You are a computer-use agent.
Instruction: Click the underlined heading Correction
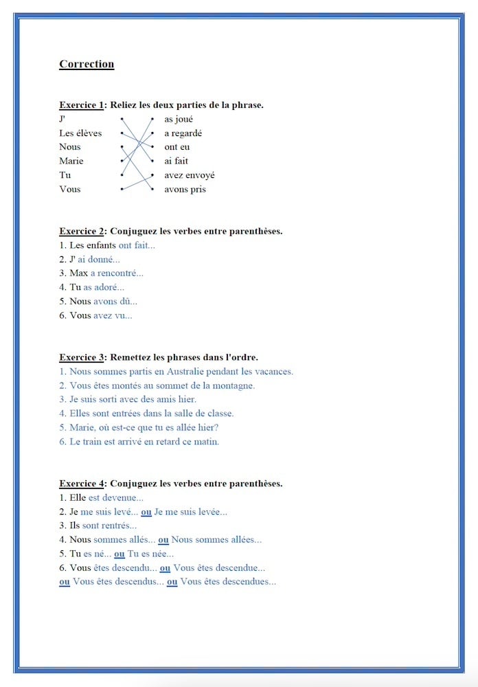[x=87, y=65]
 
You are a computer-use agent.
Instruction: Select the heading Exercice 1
[x=81, y=105]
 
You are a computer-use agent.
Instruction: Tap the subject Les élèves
[x=80, y=133]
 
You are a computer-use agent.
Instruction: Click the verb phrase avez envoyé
[x=189, y=175]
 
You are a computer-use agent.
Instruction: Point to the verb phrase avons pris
[x=185, y=189]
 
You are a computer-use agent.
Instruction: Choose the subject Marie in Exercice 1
[x=71, y=161]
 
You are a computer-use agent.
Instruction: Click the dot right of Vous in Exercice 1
[x=122, y=188]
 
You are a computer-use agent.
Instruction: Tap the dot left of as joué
[x=152, y=119]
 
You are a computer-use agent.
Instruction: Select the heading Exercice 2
[x=81, y=232]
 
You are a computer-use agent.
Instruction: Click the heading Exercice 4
[x=81, y=484]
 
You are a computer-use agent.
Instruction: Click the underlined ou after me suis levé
[x=146, y=512]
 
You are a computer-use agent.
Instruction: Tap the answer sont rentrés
[x=106, y=526]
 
